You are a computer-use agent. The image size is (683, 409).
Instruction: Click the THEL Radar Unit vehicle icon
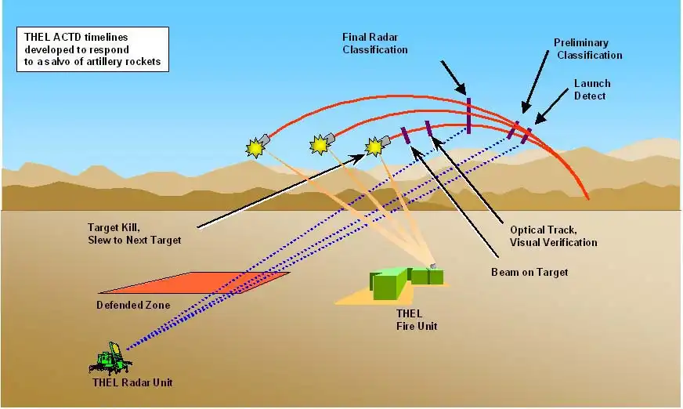pos(109,360)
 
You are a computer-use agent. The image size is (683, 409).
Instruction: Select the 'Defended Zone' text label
pos(132,305)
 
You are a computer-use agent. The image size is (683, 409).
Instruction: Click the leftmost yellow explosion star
pos(255,147)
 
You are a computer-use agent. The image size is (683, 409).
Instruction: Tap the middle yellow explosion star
pos(318,145)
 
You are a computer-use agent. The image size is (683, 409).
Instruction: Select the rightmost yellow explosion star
pos(374,146)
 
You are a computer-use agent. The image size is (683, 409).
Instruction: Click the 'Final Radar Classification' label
pos(375,43)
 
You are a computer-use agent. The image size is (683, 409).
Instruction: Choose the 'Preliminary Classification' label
pos(587,49)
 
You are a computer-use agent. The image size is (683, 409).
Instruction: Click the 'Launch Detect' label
pos(591,89)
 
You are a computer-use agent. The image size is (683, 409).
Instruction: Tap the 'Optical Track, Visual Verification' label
pos(553,236)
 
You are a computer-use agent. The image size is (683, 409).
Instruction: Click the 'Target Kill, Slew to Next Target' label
pos(134,233)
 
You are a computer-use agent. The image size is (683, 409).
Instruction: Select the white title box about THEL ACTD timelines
pos(93,49)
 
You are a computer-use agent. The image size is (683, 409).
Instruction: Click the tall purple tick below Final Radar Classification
pos(468,115)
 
